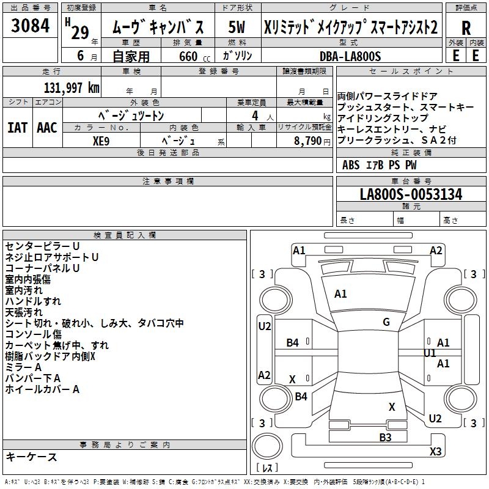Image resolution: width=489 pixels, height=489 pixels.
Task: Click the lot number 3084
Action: [x=30, y=26]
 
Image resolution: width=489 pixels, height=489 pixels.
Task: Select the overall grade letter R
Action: [x=466, y=28]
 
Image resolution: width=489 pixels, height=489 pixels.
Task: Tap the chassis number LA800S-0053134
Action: [x=411, y=194]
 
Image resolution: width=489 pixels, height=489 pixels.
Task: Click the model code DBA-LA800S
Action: [x=350, y=56]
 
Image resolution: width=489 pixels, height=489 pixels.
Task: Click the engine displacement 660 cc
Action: [x=186, y=56]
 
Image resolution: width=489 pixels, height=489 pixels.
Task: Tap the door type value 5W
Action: [x=237, y=28]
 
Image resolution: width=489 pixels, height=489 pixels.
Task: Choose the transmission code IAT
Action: [x=18, y=127]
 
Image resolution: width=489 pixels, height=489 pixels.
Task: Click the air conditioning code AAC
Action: [x=47, y=127]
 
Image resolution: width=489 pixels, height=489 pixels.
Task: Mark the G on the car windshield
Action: [x=386, y=322]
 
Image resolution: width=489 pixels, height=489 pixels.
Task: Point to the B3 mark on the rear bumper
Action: [x=385, y=437]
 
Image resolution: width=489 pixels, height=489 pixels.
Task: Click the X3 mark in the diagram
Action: [x=435, y=452]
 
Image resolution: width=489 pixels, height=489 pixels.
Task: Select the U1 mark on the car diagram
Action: [x=430, y=353]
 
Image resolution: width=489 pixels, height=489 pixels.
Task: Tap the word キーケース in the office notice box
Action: [x=31, y=457]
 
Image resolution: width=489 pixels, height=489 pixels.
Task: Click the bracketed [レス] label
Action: [x=268, y=468]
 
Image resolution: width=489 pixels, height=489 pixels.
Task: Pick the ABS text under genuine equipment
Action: [x=351, y=164]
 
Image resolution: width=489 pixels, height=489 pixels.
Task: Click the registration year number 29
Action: [x=79, y=32]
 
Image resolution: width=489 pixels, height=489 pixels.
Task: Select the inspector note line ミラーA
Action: [x=23, y=367]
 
